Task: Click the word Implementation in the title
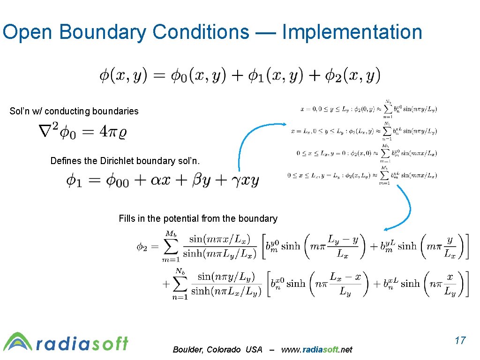pyautogui.click(x=352, y=32)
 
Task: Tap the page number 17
pyautogui.click(x=460, y=340)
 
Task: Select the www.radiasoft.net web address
pyautogui.click(x=316, y=350)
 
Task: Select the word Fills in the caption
pyautogui.click(x=127, y=218)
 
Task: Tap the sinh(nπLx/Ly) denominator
pyautogui.click(x=226, y=291)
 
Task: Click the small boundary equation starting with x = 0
pyautogui.click(x=368, y=109)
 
